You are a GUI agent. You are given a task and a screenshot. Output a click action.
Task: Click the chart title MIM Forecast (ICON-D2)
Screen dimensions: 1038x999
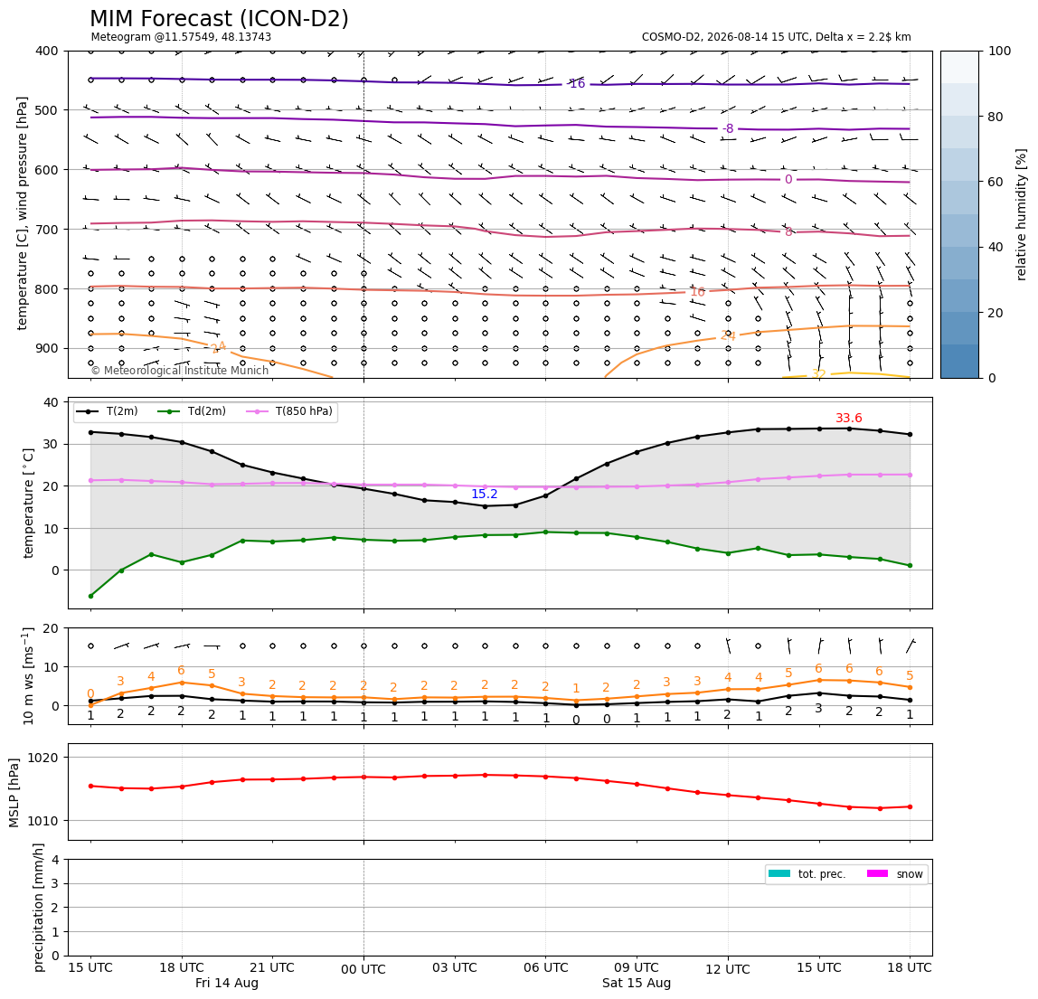point(219,19)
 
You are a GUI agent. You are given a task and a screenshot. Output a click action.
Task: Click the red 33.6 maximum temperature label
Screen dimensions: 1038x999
point(849,418)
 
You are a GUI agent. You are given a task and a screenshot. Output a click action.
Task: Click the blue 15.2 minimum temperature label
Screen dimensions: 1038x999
point(484,494)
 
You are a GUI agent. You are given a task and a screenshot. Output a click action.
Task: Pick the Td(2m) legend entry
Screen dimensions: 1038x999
point(192,411)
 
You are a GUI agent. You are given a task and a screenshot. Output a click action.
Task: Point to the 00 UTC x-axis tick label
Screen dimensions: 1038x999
point(363,969)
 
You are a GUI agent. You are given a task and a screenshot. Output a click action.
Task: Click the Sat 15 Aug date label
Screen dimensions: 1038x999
point(637,983)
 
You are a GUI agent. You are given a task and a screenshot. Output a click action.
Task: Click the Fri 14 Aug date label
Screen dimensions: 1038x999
point(226,983)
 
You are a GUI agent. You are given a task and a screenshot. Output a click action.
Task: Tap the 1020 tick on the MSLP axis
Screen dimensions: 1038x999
point(44,758)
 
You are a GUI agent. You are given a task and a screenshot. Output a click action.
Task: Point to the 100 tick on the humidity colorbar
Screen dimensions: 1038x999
point(1000,51)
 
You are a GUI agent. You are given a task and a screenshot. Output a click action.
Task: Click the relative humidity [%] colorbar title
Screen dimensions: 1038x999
point(1022,214)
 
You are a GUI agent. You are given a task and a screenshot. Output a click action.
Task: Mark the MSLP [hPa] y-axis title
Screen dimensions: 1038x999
point(14,792)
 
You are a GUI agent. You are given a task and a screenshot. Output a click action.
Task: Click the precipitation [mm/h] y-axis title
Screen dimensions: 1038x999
point(38,908)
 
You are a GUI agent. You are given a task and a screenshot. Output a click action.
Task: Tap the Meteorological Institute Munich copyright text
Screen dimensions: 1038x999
point(179,370)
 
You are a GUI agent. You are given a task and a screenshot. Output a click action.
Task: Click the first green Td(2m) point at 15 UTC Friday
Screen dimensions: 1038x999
point(90,596)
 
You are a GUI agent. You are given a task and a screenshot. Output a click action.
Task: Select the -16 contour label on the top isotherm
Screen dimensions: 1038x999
point(577,83)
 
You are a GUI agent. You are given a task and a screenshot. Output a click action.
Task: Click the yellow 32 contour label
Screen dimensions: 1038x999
point(819,374)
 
